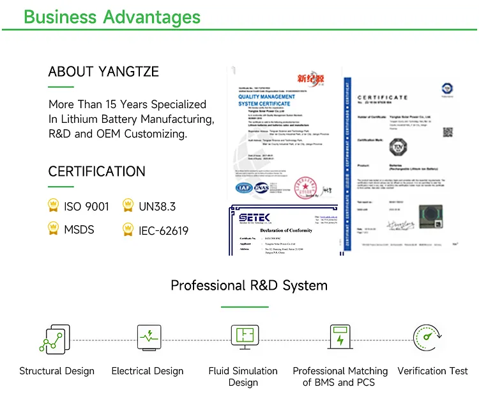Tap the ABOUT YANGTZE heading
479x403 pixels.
103,71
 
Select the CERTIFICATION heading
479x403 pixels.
96,171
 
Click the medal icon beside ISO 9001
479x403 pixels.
54,205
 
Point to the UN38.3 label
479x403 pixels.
157,207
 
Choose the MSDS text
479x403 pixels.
79,229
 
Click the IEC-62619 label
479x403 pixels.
163,230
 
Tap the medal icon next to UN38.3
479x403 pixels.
128,205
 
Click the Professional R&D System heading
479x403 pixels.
249,285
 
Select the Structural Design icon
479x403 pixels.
52,339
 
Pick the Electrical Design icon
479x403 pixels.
148,336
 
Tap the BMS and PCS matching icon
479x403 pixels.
339,336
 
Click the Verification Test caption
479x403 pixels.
432,371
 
